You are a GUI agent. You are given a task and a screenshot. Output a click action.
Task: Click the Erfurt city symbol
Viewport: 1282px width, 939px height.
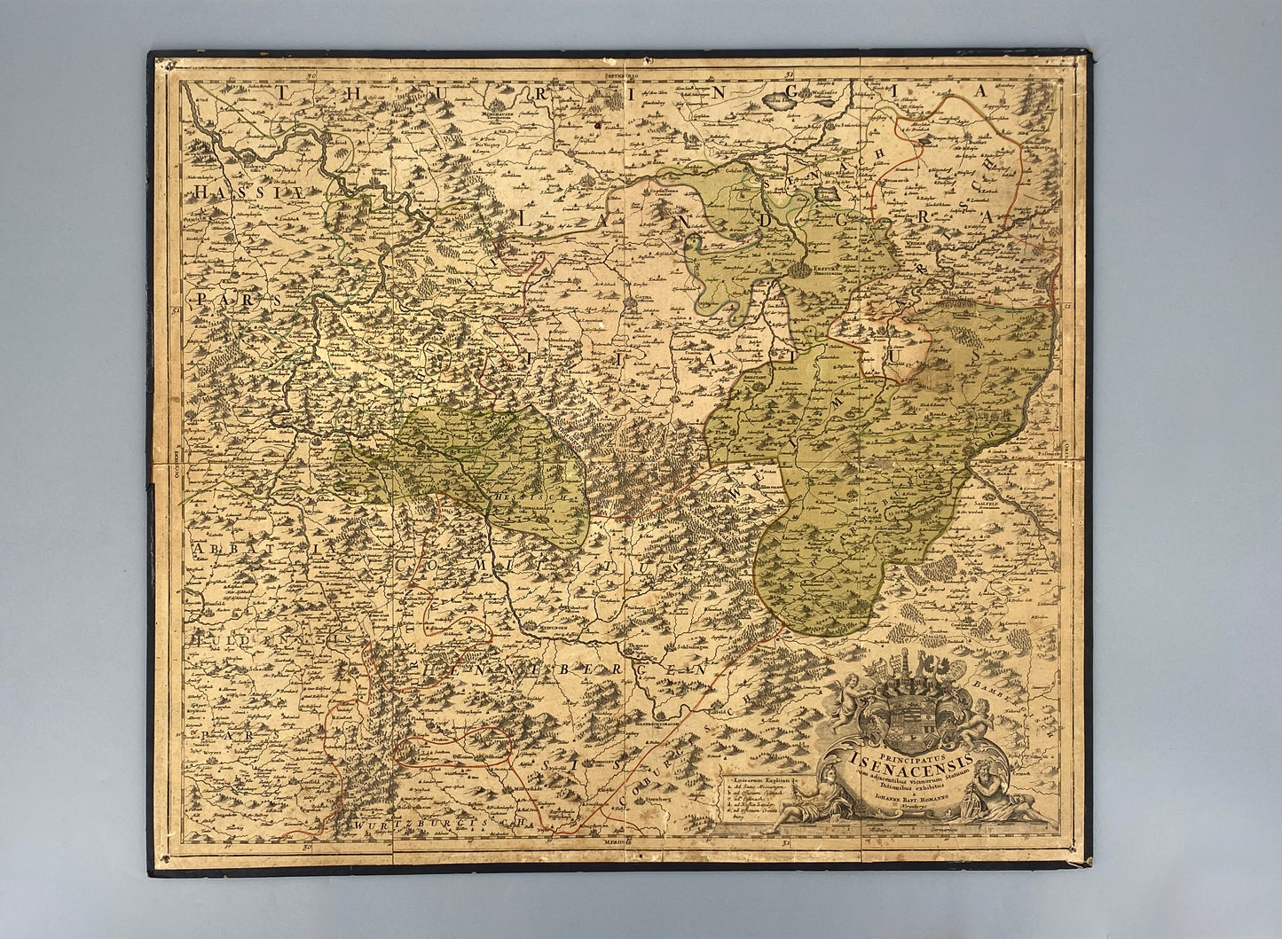(803, 268)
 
